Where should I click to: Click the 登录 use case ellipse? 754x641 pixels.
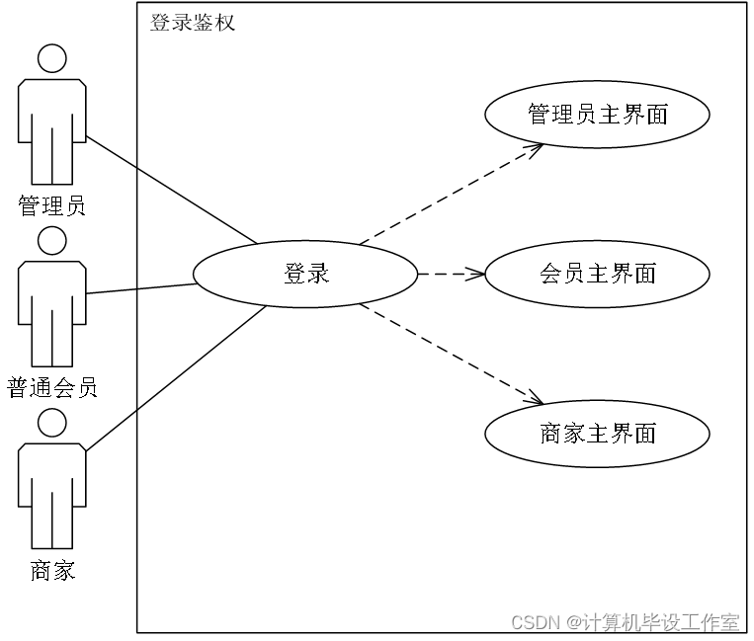(x=305, y=274)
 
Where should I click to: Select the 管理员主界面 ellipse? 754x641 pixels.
(x=597, y=115)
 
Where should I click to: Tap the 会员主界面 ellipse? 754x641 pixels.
(x=597, y=274)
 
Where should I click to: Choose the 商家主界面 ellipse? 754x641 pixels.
(x=597, y=434)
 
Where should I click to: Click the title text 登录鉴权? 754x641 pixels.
(x=193, y=22)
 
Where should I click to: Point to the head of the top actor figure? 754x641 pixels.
(x=51, y=58)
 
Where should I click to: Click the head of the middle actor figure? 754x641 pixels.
(x=51, y=240)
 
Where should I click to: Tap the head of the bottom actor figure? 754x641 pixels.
(x=51, y=423)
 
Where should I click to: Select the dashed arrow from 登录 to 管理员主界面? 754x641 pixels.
(x=450, y=195)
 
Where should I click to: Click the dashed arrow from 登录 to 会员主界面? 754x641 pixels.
(x=450, y=274)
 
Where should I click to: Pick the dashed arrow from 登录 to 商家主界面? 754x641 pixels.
(x=450, y=354)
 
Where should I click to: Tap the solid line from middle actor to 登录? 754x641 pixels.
(x=166, y=286)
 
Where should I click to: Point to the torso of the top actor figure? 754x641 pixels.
(x=51, y=104)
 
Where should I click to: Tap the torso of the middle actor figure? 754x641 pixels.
(x=51, y=286)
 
